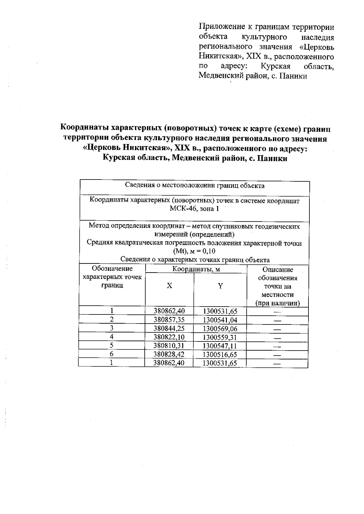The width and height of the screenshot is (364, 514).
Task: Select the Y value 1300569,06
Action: click(x=220, y=329)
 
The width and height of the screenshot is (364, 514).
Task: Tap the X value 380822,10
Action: click(x=169, y=337)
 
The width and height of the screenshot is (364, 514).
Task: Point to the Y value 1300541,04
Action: click(x=220, y=320)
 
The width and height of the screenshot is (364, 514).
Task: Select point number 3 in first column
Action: click(x=112, y=328)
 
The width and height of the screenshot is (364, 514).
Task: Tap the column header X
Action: click(x=169, y=286)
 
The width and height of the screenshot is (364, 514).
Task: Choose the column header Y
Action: click(x=221, y=286)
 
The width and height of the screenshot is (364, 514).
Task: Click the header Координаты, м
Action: click(x=196, y=269)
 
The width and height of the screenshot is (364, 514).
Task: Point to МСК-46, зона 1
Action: click(x=194, y=209)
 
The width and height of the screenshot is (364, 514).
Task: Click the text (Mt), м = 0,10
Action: click(x=194, y=251)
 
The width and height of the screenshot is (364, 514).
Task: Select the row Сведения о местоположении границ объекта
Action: click(x=194, y=186)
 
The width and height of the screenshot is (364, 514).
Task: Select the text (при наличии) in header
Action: click(x=277, y=303)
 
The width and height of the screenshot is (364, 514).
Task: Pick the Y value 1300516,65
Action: click(x=220, y=354)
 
